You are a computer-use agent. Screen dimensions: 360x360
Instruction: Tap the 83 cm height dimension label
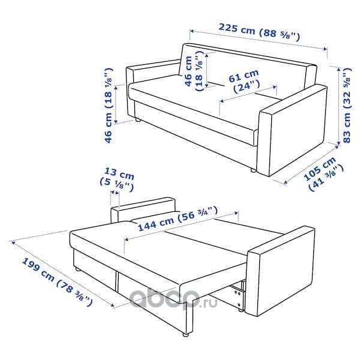pyautogui.click(x=347, y=105)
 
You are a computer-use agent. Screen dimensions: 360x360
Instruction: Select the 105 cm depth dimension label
pyautogui.click(x=323, y=173)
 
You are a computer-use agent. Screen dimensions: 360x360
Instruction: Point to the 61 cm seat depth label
pyautogui.click(x=245, y=81)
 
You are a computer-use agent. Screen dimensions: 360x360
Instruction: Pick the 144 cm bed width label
pyautogui.click(x=178, y=218)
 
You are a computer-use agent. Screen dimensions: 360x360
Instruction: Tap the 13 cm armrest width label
pyautogui.click(x=117, y=180)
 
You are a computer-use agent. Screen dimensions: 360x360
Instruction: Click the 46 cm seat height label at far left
pyautogui.click(x=109, y=105)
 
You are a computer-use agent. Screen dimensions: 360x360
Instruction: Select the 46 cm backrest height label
pyautogui.click(x=194, y=71)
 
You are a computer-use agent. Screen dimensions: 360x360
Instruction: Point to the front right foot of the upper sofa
pyautogui.click(x=253, y=170)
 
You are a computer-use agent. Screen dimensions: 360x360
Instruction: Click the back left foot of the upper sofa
pyautogui.click(x=137, y=119)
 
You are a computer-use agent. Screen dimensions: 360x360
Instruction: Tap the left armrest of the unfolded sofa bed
pyautogui.click(x=143, y=209)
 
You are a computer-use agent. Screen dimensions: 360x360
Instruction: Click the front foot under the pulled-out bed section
pyautogui.click(x=185, y=334)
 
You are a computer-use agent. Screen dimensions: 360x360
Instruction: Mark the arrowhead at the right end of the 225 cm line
pyautogui.click(x=325, y=49)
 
